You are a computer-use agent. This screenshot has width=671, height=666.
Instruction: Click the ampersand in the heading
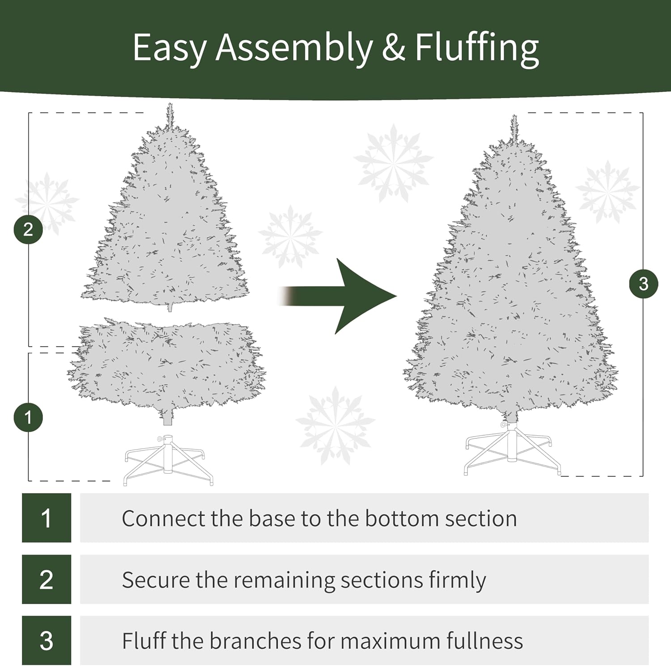pyautogui.click(x=394, y=47)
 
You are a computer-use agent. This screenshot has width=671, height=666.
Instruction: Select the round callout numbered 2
pyautogui.click(x=28, y=229)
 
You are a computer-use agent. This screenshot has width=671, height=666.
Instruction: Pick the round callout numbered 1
pyautogui.click(x=28, y=418)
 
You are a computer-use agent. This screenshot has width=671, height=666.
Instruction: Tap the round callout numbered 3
pyautogui.click(x=643, y=284)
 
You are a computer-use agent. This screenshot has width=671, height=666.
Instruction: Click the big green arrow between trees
pyautogui.click(x=338, y=296)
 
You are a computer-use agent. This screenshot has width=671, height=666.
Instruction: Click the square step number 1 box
pyautogui.click(x=47, y=518)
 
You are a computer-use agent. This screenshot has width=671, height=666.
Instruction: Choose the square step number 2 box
pyautogui.click(x=47, y=579)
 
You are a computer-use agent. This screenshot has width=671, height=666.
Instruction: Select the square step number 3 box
pyautogui.click(x=47, y=641)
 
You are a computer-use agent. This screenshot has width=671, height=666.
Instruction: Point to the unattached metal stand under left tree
pyautogui.click(x=168, y=460)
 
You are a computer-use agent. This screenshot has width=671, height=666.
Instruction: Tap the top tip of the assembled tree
pyautogui.click(x=514, y=115)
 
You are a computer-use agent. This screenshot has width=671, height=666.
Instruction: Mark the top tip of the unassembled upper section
pyautogui.click(x=170, y=104)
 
